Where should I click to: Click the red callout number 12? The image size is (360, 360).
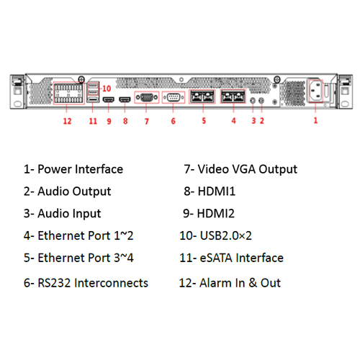[x=67, y=121]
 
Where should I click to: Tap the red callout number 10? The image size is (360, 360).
[x=107, y=89]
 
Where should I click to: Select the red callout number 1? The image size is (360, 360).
[x=315, y=120]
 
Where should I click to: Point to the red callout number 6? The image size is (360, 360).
[x=174, y=121]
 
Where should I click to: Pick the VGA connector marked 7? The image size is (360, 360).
[x=147, y=97]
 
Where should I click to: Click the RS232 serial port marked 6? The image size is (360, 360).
[x=174, y=97]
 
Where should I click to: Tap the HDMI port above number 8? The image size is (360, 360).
[x=125, y=99]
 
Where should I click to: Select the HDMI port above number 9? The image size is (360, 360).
[x=109, y=99]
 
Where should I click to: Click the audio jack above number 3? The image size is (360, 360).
[x=253, y=100]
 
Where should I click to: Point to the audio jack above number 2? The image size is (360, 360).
[x=261, y=100]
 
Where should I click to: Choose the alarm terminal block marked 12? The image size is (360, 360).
[x=69, y=93]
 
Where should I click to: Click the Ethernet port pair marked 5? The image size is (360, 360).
[x=202, y=96]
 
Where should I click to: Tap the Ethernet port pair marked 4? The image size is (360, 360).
[x=233, y=96]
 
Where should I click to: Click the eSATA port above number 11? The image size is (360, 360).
[x=93, y=99]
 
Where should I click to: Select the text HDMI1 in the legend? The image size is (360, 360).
[x=217, y=192]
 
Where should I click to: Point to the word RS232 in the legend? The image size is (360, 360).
[x=54, y=283]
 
